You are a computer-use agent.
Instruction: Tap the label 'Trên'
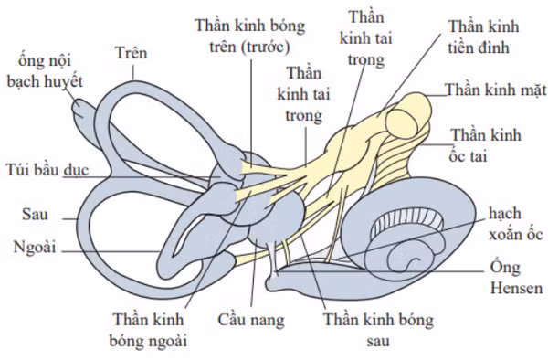coord(132,53)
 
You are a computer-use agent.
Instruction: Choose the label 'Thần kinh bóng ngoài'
coord(149,331)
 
